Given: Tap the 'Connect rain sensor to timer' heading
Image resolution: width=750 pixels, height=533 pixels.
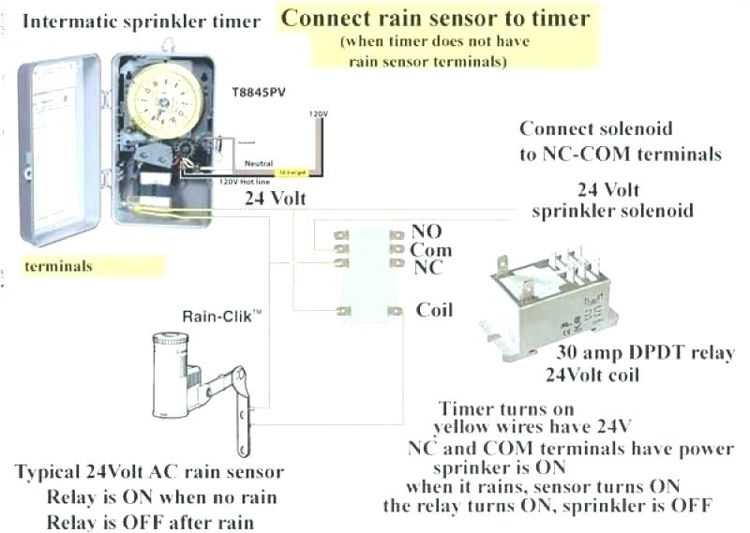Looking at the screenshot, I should pos(436,17).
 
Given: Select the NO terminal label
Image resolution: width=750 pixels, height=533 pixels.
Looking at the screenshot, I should pos(427,231).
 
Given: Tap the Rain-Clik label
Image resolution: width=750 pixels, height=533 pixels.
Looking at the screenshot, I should pos(221,318).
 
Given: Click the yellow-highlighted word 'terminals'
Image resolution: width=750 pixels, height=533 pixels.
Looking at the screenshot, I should pos(59,266).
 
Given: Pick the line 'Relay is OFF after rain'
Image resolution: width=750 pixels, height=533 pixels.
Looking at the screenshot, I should pos(150,521).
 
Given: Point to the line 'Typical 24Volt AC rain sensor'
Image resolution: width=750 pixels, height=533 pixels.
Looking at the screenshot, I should pos(148,471).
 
